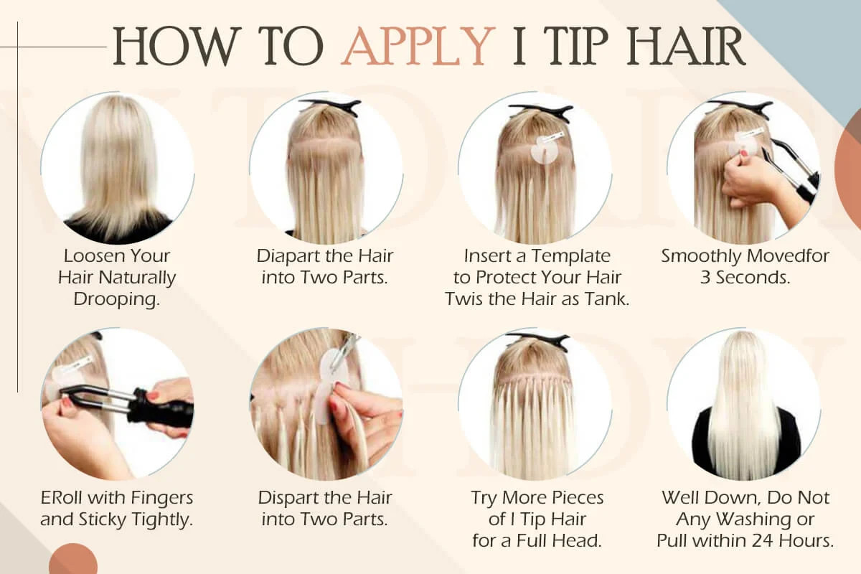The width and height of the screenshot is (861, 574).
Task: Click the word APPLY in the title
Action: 418,46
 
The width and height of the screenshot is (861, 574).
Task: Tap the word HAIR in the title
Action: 687,46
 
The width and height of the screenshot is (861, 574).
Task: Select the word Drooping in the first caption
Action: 116,299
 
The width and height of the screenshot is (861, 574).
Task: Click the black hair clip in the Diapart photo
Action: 331,105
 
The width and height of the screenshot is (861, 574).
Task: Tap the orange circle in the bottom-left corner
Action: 73,559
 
